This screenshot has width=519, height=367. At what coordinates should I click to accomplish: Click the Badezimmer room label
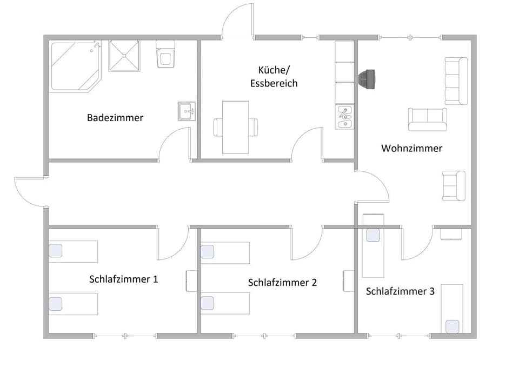click(115, 117)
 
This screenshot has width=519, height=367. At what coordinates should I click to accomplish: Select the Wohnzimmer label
click(411, 148)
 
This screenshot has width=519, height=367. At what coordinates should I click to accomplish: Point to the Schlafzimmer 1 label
click(124, 279)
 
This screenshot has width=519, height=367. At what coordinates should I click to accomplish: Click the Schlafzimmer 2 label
click(282, 282)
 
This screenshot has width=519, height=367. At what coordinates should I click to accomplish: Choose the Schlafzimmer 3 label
click(400, 291)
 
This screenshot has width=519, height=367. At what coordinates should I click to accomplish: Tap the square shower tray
click(125, 55)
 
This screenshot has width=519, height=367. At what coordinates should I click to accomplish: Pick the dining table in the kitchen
click(236, 127)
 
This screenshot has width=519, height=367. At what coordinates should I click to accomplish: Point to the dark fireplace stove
click(369, 79)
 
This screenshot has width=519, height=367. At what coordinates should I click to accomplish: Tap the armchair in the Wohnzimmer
click(454, 185)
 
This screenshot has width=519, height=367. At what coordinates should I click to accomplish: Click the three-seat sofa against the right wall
click(456, 81)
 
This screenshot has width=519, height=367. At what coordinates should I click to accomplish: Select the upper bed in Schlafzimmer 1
click(74, 251)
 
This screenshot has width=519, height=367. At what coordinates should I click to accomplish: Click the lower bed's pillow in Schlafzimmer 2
click(208, 303)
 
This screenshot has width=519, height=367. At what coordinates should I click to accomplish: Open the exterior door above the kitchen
click(238, 22)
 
